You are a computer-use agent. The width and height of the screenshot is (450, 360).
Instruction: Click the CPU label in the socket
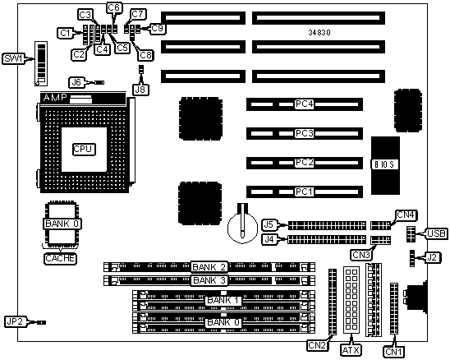(83, 149)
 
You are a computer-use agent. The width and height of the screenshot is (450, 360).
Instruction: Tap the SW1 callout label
(14, 58)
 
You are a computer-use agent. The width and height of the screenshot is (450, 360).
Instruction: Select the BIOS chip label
(384, 165)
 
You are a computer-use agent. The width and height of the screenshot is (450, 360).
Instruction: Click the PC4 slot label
(304, 104)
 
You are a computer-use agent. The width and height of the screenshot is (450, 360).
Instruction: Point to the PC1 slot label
(304, 192)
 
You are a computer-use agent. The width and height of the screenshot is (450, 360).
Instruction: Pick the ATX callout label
(351, 350)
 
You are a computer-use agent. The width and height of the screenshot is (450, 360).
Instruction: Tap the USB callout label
(436, 233)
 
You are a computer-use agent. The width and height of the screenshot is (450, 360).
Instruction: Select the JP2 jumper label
(15, 321)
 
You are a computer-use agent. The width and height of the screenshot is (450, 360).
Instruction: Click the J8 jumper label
(140, 90)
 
